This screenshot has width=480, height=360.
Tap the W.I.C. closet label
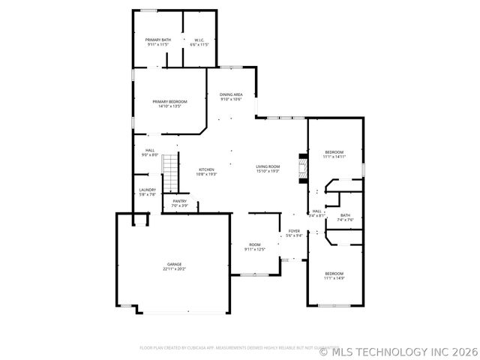(x=200, y=40)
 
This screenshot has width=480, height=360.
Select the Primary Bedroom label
(x=169, y=101)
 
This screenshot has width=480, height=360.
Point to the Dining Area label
(x=231, y=94)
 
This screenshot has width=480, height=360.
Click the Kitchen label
(x=206, y=169)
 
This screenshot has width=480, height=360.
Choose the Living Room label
(x=268, y=166)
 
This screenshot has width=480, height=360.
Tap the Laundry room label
(x=147, y=190)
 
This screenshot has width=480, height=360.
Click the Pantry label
(x=180, y=201)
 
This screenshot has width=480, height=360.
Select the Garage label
(x=174, y=264)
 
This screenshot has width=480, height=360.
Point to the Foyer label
(x=294, y=231)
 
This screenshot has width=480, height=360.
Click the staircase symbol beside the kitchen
(x=173, y=172)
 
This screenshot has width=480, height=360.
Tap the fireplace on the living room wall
(x=303, y=168)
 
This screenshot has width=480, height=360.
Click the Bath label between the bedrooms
(x=345, y=215)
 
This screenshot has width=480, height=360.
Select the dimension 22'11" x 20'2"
(x=174, y=268)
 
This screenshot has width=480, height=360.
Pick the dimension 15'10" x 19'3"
(x=268, y=171)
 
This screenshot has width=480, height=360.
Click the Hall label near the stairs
(x=150, y=150)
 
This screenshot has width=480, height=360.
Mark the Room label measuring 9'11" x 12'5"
(x=255, y=244)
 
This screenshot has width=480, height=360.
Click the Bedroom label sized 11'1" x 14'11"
(x=334, y=152)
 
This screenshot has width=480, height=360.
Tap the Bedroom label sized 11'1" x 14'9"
(x=334, y=274)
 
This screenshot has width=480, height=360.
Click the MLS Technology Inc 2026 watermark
(x=398, y=350)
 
